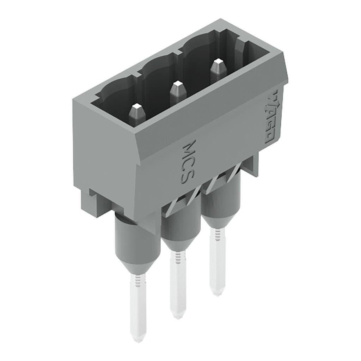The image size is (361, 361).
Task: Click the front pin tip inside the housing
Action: click(136, 114)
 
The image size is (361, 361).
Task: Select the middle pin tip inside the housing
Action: click(177, 91)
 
